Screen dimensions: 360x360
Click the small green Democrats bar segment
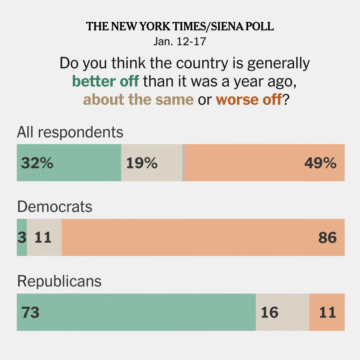click(x=22, y=240)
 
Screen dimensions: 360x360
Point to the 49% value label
click(x=320, y=164)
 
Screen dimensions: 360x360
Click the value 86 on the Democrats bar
click(x=327, y=240)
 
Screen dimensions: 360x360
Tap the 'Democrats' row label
click(x=55, y=207)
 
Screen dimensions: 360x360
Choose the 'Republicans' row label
click(x=60, y=282)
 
